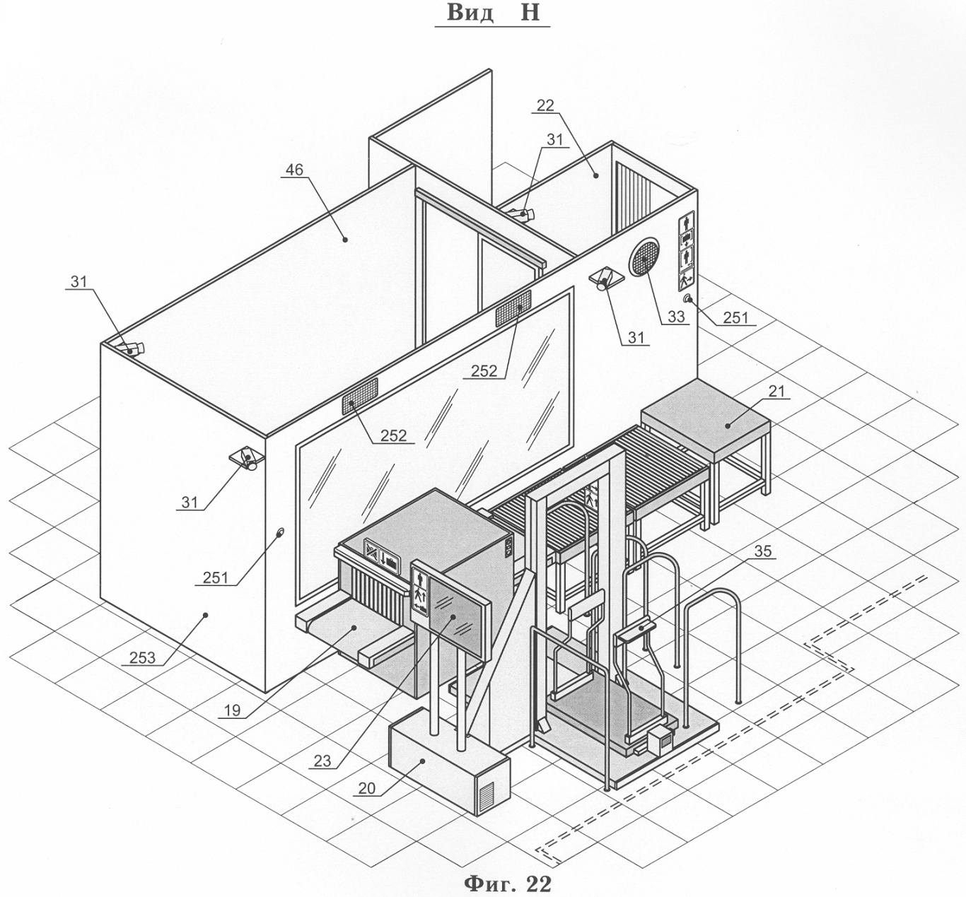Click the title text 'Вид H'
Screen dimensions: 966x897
point(493,13)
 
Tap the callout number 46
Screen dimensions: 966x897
point(293,170)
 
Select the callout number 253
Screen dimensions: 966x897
point(143,657)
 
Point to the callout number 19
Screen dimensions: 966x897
point(232,710)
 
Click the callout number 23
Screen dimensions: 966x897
point(322,761)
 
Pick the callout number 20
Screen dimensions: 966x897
point(367,788)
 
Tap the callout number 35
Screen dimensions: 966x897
point(763,551)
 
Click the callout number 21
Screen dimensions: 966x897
point(776,391)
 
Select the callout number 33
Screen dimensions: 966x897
point(676,317)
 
